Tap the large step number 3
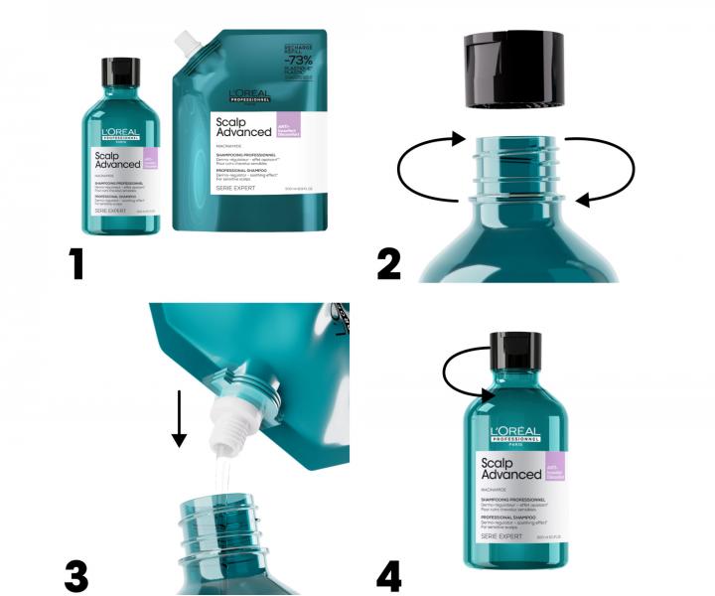click(77, 575)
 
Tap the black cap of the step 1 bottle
click(120, 72)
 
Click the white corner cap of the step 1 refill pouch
click(185, 41)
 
